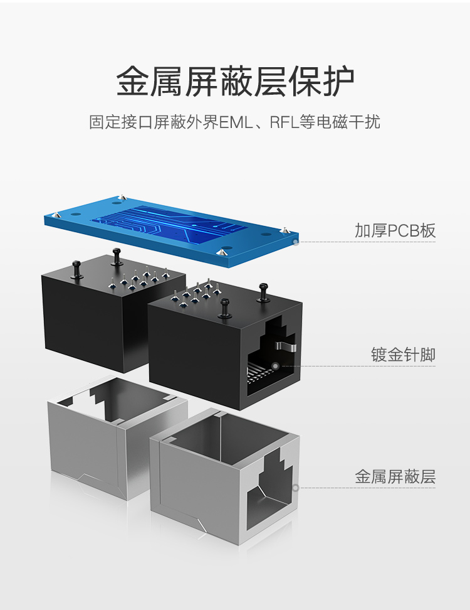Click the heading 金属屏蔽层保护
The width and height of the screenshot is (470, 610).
tap(236, 82)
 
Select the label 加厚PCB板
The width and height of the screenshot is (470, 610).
tap(395, 231)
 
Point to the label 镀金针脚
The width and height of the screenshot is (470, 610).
tap(403, 355)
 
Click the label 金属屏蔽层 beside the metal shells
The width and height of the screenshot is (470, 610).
tap(395, 476)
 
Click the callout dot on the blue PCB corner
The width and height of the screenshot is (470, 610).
tap(296, 242)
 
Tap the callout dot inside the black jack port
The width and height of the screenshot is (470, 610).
tap(275, 366)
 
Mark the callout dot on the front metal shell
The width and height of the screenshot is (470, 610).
tap(296, 488)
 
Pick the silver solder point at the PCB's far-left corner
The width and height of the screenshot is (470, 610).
tap(57, 215)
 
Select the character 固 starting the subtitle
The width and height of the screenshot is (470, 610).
tap(97, 122)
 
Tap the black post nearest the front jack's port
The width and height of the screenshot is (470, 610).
tap(263, 292)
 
